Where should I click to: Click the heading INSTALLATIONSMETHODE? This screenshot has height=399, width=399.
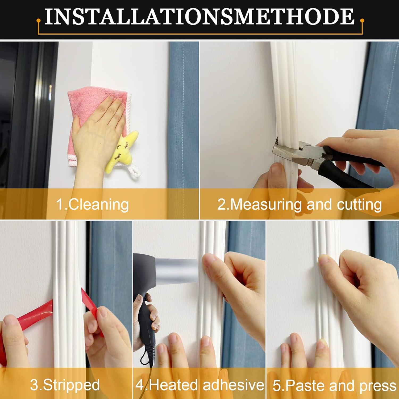click(199, 17)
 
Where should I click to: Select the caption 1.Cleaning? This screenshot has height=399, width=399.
click(92, 204)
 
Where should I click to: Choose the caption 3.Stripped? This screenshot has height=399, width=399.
click(65, 385)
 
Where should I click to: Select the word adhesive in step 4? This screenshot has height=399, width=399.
click(234, 385)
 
